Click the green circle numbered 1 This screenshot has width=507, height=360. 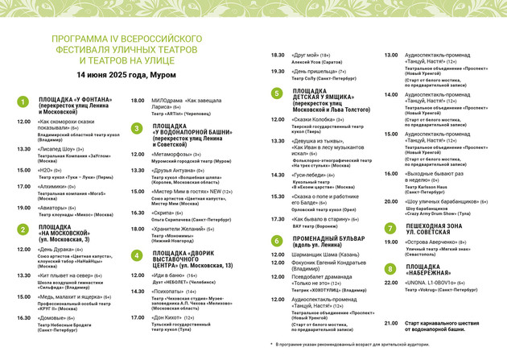click(x=23, y=102)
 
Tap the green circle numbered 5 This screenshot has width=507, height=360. click(x=276, y=93)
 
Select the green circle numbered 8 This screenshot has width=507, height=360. click(x=390, y=268)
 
